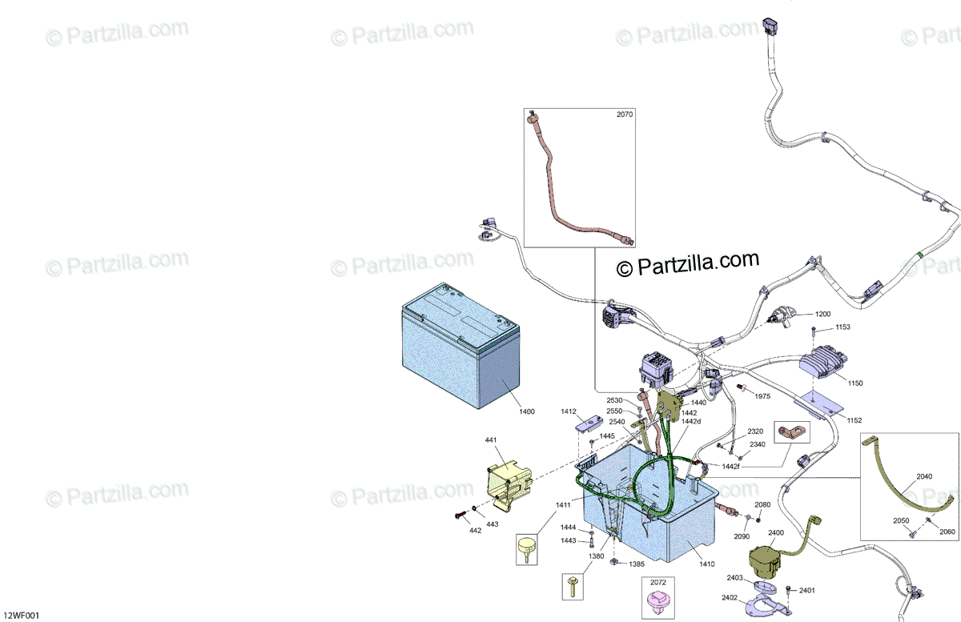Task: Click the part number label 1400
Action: pyautogui.click(x=526, y=411)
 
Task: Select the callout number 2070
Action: pyautogui.click(x=624, y=114)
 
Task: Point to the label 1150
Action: pyautogui.click(x=855, y=383)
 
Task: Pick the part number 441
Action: pyautogui.click(x=489, y=441)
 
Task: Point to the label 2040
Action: pyautogui.click(x=924, y=476)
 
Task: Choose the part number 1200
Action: pyautogui.click(x=824, y=314)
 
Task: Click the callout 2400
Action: pyautogui.click(x=776, y=532)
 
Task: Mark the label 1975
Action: pyautogui.click(x=762, y=396)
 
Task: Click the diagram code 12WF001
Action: pyautogui.click(x=21, y=616)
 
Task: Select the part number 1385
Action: pyautogui.click(x=637, y=564)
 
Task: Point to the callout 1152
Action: pyautogui.click(x=854, y=420)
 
